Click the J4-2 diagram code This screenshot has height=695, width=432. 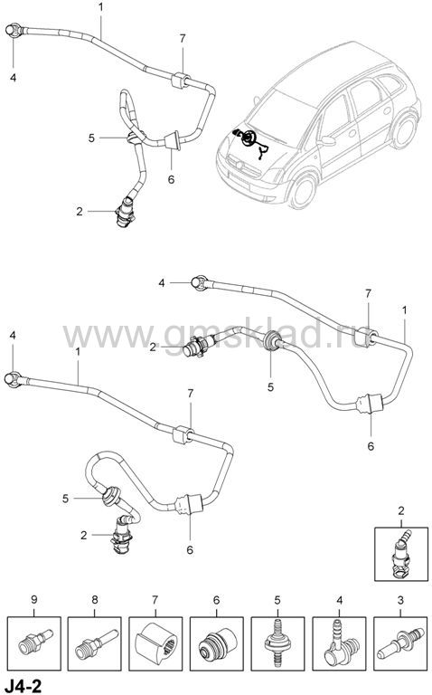pos(22,686)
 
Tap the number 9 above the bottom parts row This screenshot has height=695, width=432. pos(34,600)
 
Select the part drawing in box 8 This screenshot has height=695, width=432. pos(96,643)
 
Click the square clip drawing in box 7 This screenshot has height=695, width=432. pos(155,643)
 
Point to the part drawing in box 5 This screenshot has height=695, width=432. pos(277,643)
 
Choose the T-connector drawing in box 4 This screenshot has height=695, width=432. pos(340,643)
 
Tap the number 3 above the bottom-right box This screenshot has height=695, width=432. pos(400,600)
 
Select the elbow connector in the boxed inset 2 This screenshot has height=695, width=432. pos(400,554)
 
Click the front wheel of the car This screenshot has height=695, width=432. pos(304,192)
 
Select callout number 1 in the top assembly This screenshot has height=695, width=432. pos(101,7)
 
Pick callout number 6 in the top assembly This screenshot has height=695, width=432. pos(172,179)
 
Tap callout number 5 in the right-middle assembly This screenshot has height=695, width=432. pos(270,387)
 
